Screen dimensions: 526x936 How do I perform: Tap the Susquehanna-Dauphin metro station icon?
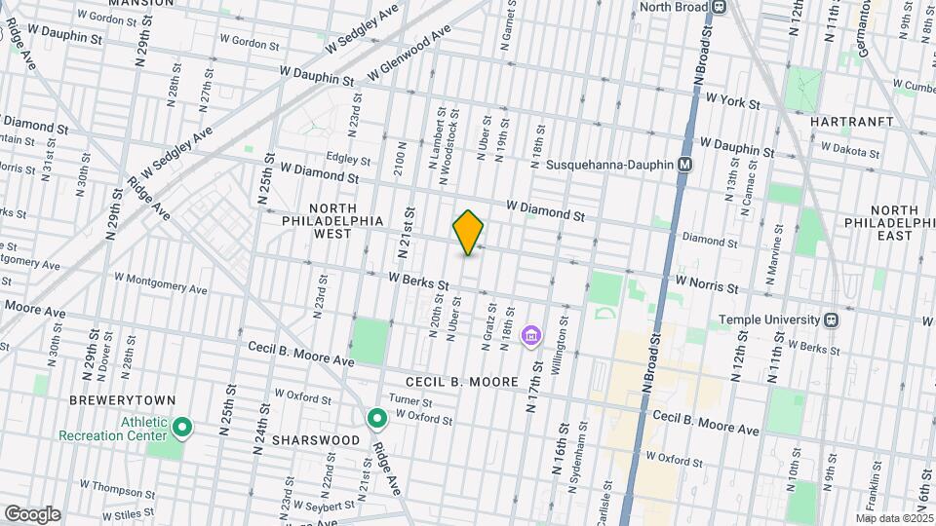(685, 165)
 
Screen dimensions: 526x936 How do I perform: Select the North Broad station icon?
(720, 7)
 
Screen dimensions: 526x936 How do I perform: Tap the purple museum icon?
(531, 337)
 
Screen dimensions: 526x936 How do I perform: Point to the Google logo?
(32, 514)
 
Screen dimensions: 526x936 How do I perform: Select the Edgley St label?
(349, 160)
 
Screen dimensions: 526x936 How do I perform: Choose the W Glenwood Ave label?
(409, 55)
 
